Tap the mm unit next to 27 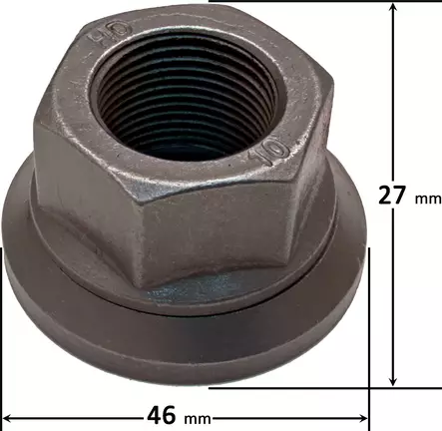point(426,198)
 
